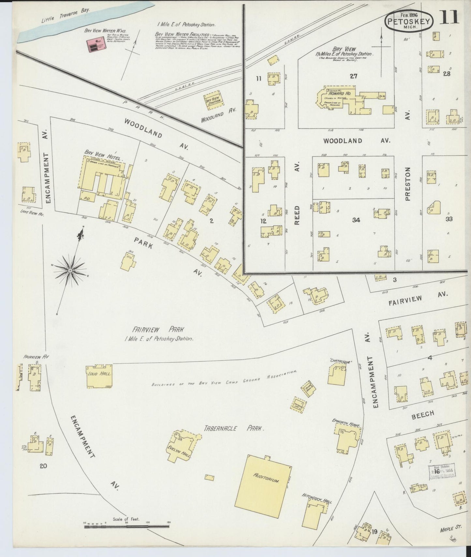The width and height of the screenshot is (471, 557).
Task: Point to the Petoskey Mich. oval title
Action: tap(409, 21)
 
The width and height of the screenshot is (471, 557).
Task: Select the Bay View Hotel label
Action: tap(102, 155)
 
